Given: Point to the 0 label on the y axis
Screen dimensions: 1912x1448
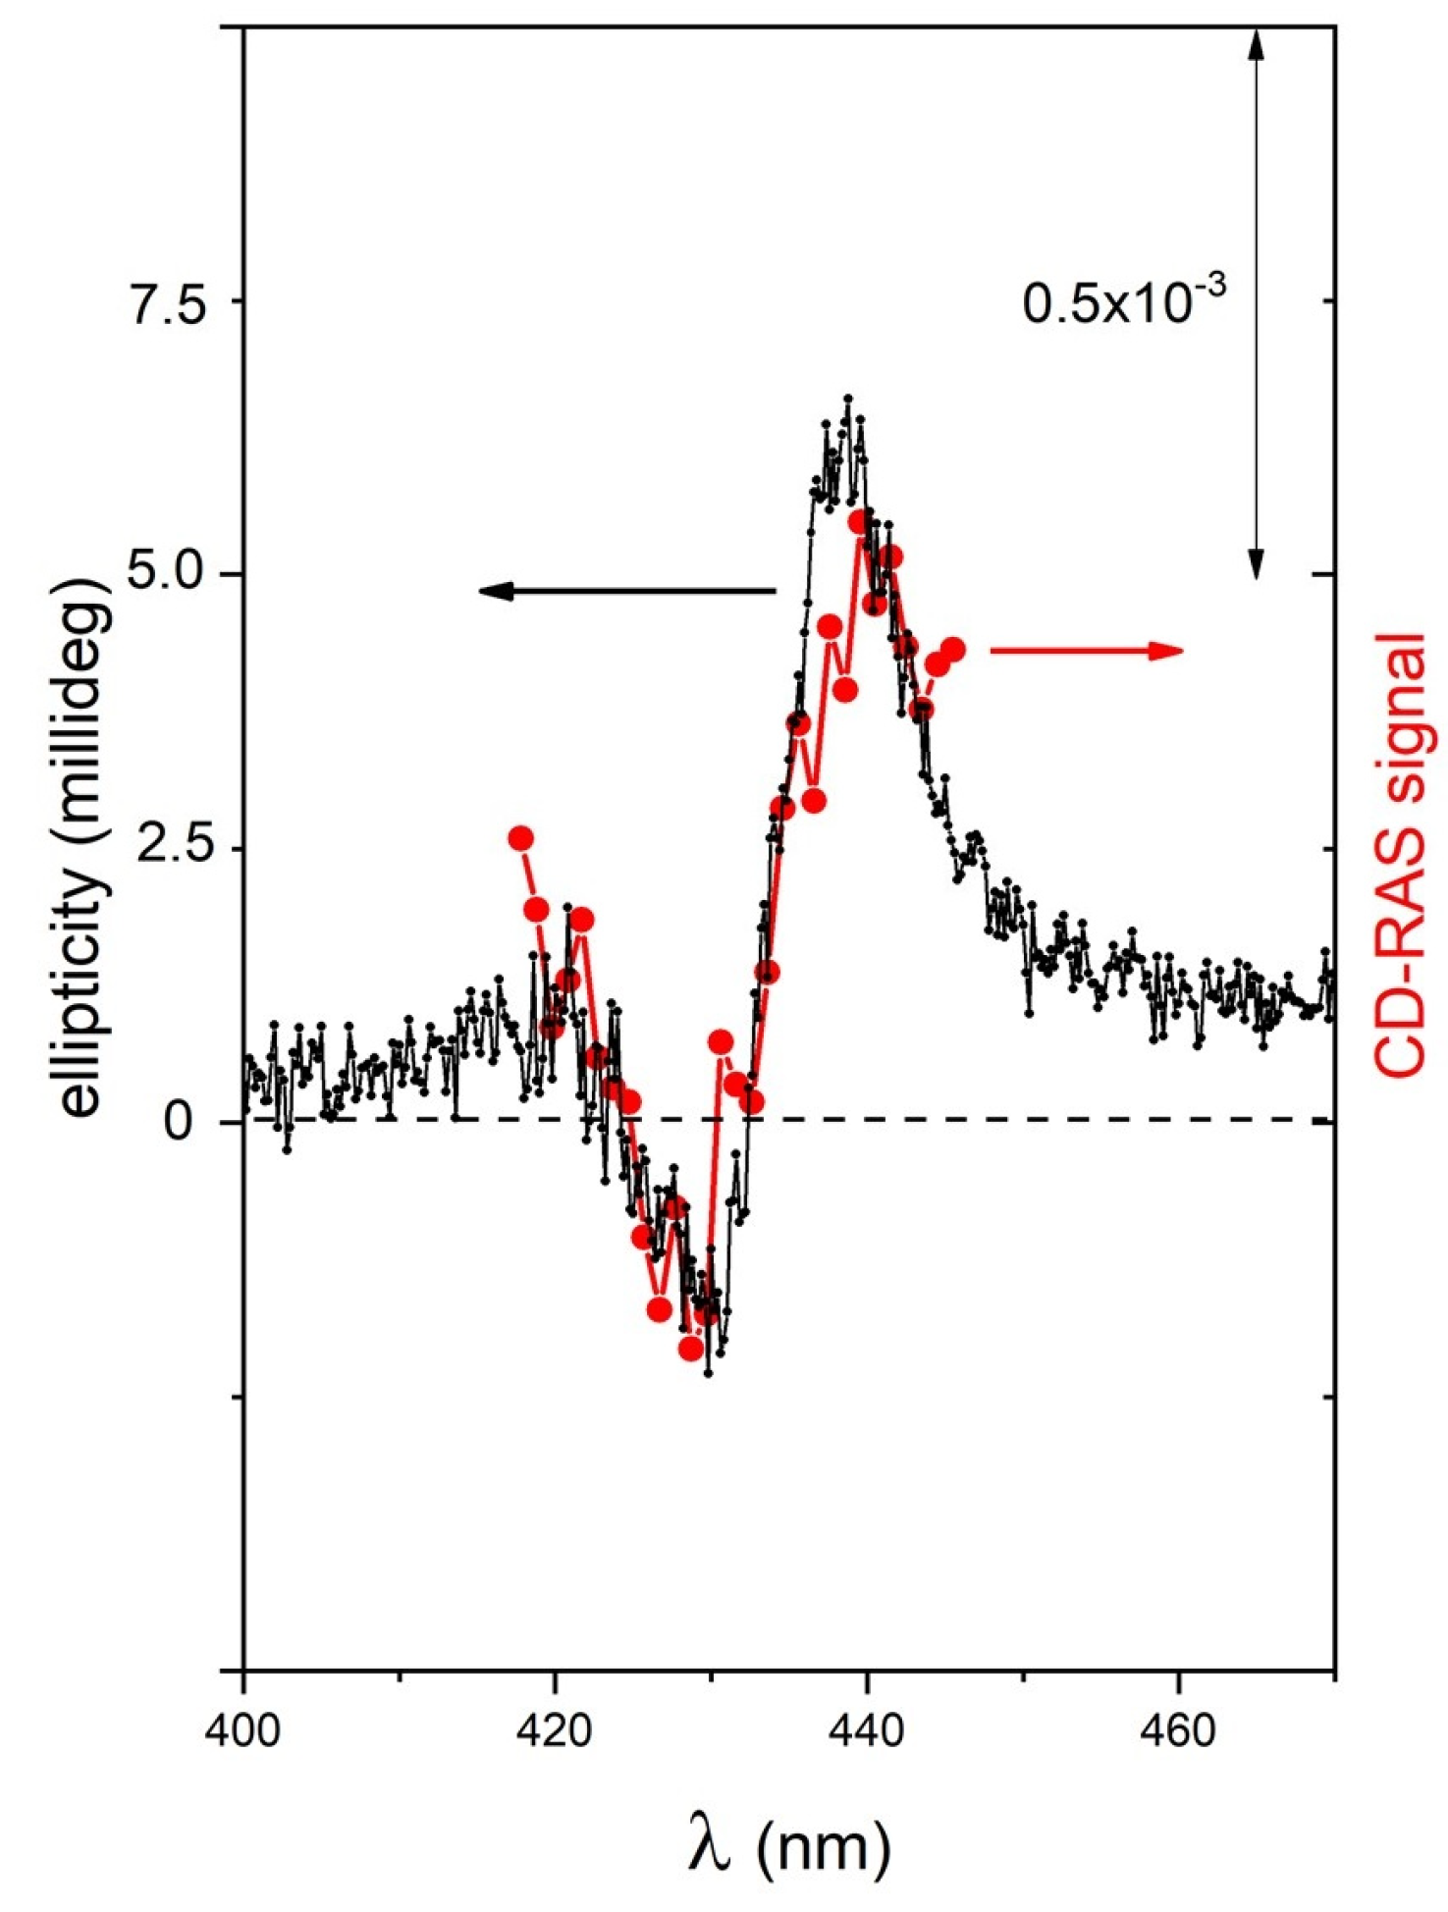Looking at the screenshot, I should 180,1122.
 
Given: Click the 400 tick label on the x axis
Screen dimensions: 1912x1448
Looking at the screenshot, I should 243,1731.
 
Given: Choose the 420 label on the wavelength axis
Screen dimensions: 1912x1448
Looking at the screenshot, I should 555,1731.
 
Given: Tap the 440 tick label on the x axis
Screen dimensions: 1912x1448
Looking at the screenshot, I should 866,1731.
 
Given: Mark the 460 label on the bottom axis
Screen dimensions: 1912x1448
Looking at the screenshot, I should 1177,1731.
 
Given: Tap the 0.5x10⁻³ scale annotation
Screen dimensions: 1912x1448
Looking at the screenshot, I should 1125,300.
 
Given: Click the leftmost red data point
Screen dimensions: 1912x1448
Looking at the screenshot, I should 520,837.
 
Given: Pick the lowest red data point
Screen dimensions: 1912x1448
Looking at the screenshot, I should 691,1349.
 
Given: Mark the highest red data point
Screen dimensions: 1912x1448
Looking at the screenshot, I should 859,521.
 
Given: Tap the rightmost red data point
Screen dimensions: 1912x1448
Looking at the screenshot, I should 952,649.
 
